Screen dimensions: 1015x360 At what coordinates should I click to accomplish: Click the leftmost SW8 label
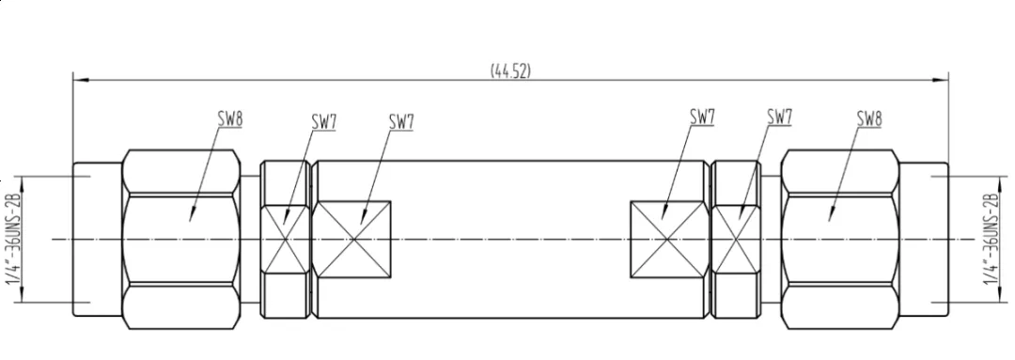[x=230, y=118]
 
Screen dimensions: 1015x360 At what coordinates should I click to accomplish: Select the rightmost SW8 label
[x=869, y=117]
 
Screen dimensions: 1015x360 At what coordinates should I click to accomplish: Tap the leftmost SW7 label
[x=323, y=121]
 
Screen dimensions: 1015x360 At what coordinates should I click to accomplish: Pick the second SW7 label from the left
[x=401, y=121]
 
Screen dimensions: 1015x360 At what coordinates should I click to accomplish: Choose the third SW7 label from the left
[x=702, y=117]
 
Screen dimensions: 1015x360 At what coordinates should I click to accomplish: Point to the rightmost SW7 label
[x=780, y=117]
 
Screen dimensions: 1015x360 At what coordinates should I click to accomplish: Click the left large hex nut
[x=182, y=239]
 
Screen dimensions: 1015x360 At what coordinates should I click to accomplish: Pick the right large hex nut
[x=839, y=239]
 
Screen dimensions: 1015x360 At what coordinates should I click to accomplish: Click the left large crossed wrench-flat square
[x=354, y=239]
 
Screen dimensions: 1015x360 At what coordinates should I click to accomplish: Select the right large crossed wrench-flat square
[x=667, y=239]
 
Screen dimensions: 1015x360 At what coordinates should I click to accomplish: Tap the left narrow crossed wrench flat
[x=284, y=239]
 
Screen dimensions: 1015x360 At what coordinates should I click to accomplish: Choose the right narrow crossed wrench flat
[x=736, y=239]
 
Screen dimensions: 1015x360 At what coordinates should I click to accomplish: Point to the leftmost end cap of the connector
[x=97, y=239]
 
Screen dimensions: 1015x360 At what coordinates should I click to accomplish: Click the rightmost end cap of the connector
[x=924, y=239]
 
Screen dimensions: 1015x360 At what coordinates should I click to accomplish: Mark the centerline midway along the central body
[x=510, y=239]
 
